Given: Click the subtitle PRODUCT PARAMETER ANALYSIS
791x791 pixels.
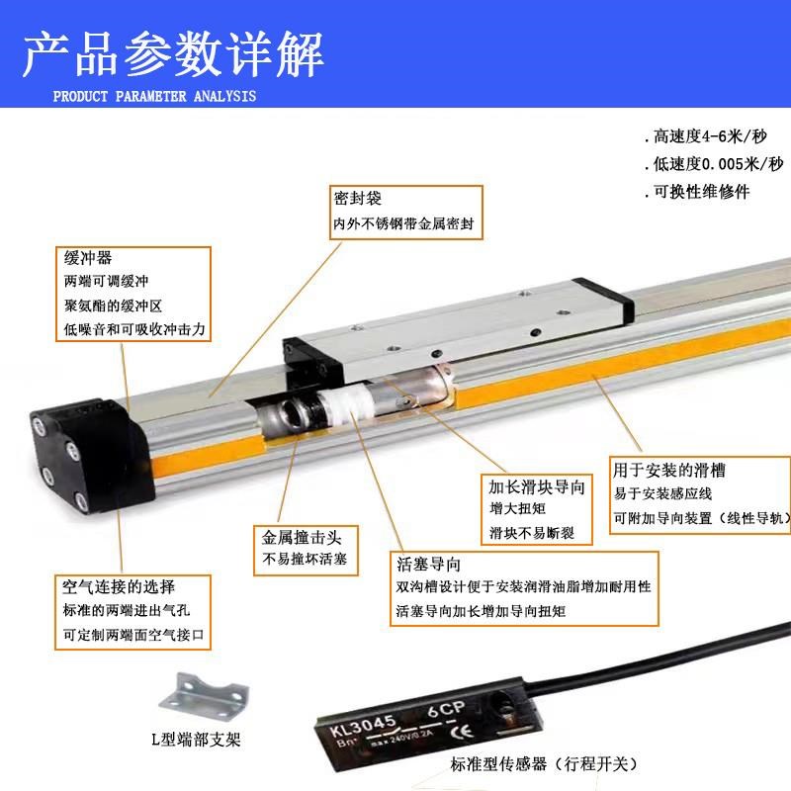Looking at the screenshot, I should tap(153, 96).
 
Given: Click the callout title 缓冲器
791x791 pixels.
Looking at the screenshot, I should tap(87, 258).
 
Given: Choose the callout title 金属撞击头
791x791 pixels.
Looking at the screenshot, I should tap(301, 539).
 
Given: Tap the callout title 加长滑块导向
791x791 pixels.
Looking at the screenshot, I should tap(537, 487).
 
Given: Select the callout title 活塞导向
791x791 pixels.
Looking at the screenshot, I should tap(427, 566).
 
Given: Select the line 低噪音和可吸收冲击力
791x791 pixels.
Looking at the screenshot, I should tap(133, 329).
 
